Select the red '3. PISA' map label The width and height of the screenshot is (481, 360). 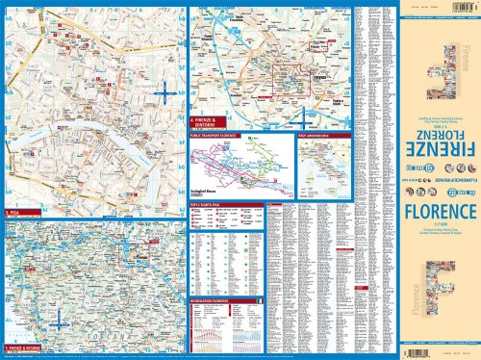point(13,212)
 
